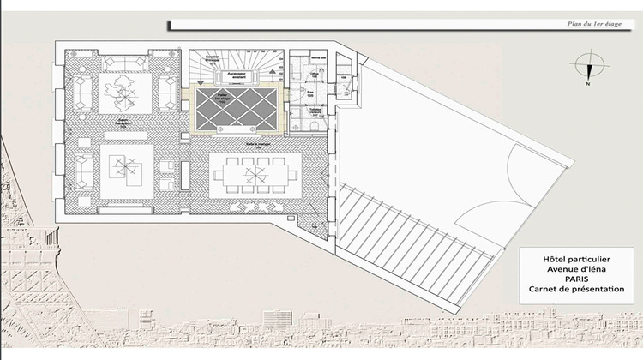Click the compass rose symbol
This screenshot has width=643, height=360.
point(588,65)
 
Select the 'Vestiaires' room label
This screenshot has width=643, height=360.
point(344,76)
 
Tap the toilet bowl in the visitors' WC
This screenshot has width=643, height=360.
point(314,126)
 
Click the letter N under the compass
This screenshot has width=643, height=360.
point(588,85)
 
